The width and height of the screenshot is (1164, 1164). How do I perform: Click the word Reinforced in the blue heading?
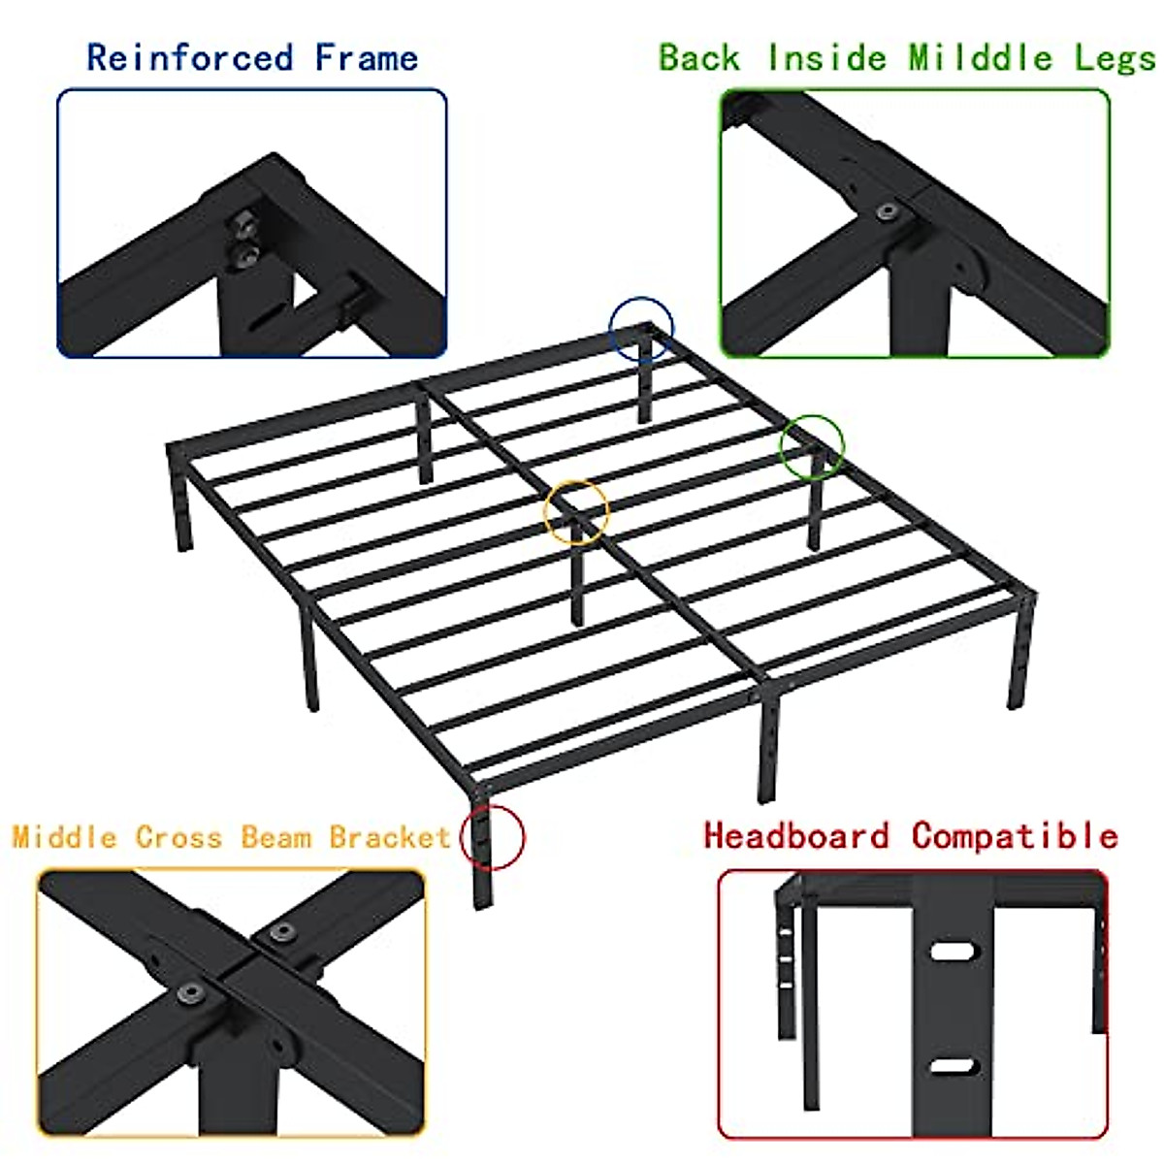(x=189, y=57)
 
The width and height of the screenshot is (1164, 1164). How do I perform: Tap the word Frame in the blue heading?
(x=367, y=57)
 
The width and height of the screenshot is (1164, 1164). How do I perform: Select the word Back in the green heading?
(x=699, y=57)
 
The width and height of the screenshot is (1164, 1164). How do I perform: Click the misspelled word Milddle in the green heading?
(x=981, y=57)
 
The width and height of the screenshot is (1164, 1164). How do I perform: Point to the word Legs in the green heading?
(x=1115, y=58)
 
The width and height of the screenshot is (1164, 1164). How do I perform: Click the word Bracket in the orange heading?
(x=390, y=836)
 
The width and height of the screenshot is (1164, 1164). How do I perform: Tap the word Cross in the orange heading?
(x=178, y=836)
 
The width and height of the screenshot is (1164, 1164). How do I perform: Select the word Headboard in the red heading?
(x=796, y=835)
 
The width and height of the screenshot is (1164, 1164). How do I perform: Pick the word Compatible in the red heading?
(x=1015, y=835)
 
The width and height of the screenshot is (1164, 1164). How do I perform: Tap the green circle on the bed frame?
(x=814, y=445)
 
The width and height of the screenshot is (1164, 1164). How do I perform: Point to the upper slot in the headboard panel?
(x=954, y=951)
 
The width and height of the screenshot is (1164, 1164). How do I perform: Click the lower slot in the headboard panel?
(x=953, y=1067)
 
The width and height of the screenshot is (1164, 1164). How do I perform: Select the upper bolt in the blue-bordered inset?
(x=244, y=224)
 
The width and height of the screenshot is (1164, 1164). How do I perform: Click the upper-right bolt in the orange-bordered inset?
(x=281, y=932)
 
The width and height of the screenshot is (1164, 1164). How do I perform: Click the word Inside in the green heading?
(x=826, y=57)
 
